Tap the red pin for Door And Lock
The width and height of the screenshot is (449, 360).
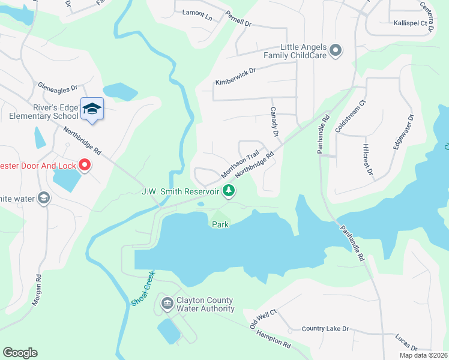tap(85, 164)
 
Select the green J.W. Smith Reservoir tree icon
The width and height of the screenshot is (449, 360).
tap(228, 191)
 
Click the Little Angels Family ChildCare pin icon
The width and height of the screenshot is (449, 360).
tap(336, 51)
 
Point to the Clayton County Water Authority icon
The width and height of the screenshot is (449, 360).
tap(167, 304)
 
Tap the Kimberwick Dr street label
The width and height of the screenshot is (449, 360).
tap(235, 76)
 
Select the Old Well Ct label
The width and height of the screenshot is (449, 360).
tap(263, 319)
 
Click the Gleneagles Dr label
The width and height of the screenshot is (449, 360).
tap(58, 86)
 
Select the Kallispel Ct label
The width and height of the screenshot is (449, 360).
tap(414, 23)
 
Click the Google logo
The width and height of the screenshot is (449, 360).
tap(20, 353)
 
